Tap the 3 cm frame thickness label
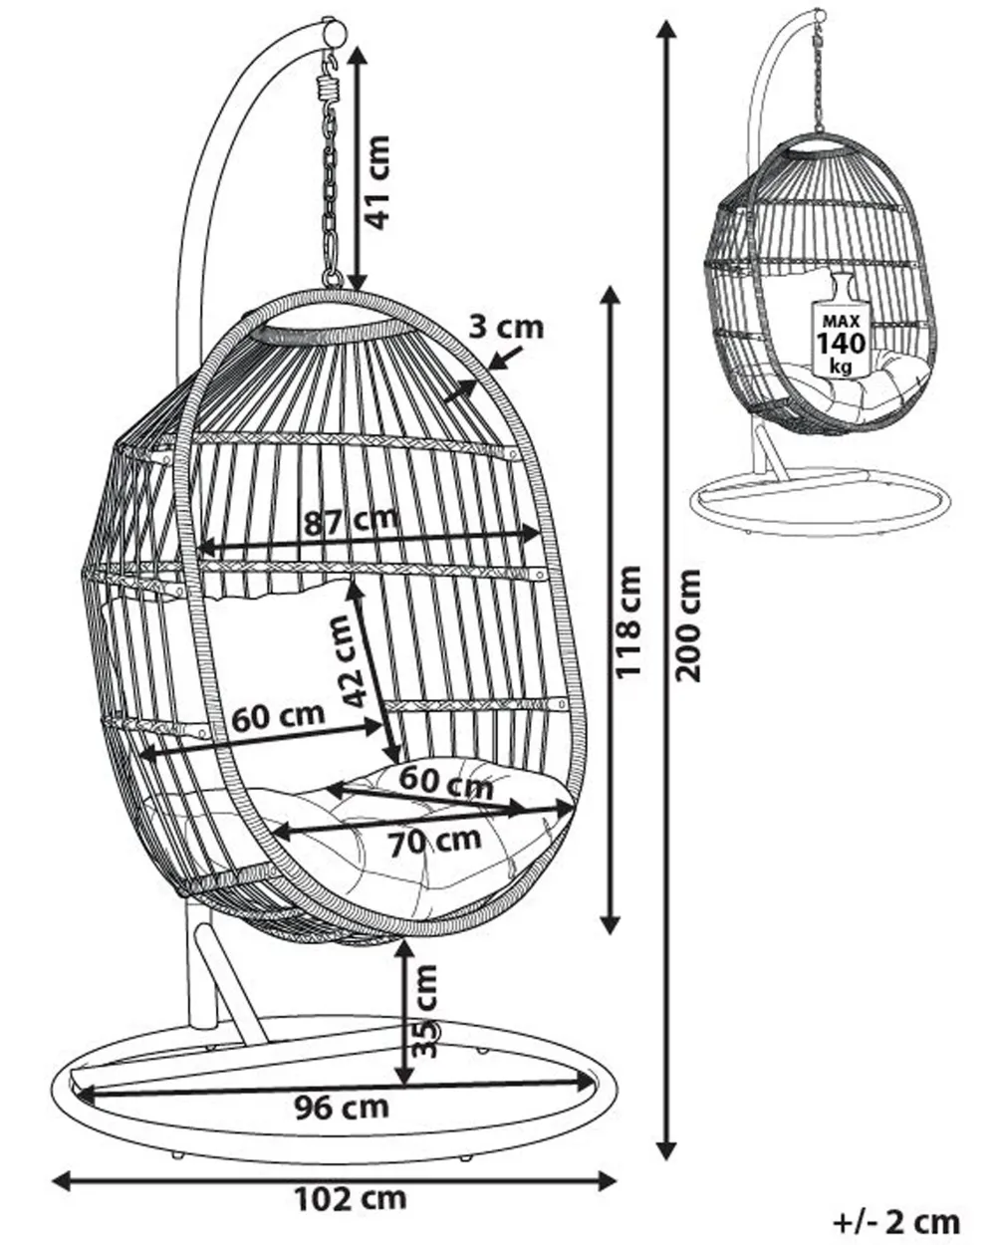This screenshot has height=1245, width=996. [507, 326]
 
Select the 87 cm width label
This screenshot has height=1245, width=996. [350, 519]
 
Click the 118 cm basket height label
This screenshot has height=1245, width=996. [628, 622]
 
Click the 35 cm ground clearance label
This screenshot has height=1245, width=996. [426, 1012]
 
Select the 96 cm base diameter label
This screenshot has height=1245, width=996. [342, 1106]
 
